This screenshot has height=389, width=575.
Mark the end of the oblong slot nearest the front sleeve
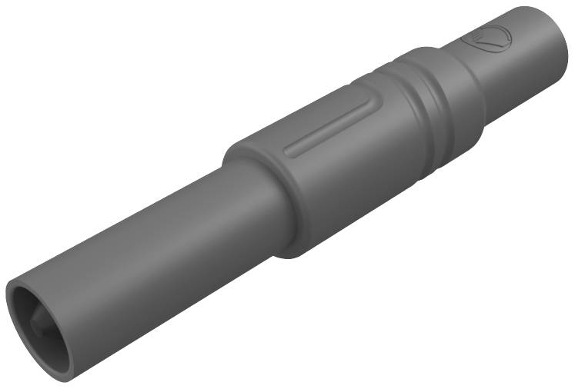tap(289, 151)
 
